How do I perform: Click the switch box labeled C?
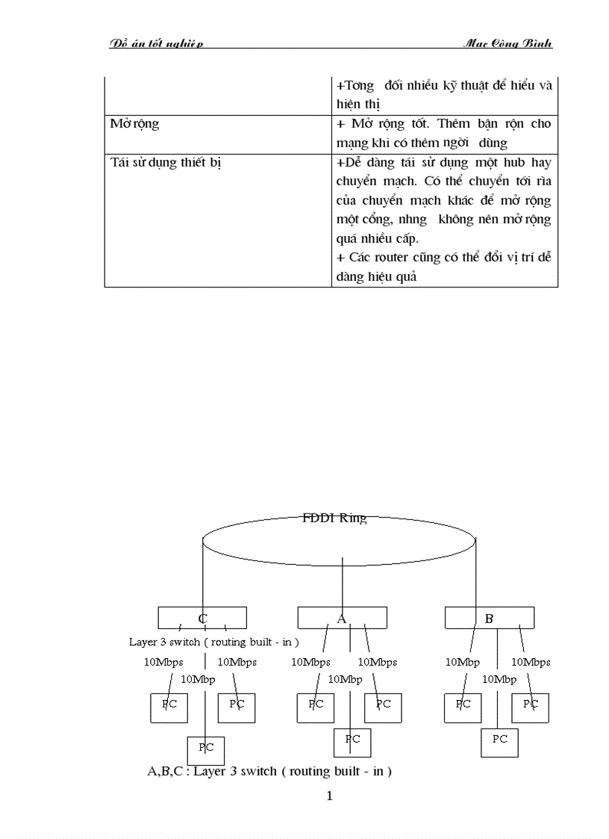(202, 618)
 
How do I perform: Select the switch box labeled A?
(342, 618)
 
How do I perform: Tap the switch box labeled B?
(489, 618)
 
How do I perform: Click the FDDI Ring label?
(334, 518)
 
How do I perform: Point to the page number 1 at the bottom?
(329, 796)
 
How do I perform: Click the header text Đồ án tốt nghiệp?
(157, 43)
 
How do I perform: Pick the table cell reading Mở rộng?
(135, 124)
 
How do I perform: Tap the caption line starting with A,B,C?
(269, 770)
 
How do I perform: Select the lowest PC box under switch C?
(205, 750)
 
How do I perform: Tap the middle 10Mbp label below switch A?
(346, 679)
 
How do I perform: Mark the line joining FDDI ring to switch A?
(342, 583)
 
